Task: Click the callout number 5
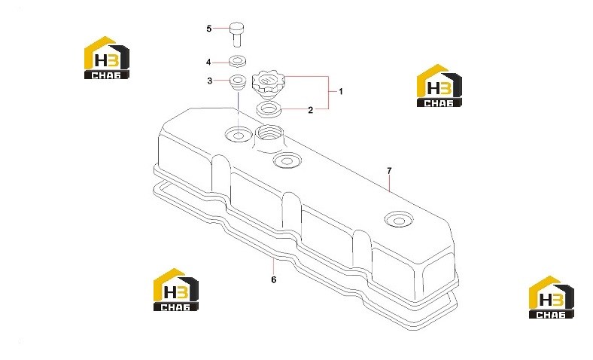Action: (208, 29)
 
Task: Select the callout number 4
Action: (208, 62)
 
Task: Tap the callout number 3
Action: (209, 81)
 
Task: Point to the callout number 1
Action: (340, 91)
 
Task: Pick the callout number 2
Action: (311, 110)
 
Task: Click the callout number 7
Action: (389, 171)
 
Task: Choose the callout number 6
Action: (273, 279)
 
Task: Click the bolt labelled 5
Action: (237, 35)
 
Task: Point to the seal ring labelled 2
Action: (269, 110)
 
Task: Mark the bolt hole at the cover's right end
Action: (399, 220)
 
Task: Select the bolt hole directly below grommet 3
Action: (239, 135)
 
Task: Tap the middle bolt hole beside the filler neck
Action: (287, 161)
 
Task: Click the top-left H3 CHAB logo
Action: (107, 57)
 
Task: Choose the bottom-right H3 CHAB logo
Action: (552, 297)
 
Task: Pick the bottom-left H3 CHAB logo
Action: (176, 290)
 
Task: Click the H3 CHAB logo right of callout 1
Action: (439, 86)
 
